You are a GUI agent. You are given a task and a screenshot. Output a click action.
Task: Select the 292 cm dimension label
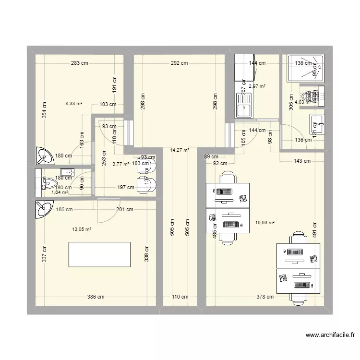point(178,63)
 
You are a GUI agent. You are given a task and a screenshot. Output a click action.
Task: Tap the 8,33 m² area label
point(74,103)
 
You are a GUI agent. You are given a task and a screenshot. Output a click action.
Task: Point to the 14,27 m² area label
point(180,150)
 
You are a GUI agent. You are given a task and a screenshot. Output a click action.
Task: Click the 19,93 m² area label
point(265,222)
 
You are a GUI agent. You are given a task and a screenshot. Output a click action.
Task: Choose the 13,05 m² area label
point(82,229)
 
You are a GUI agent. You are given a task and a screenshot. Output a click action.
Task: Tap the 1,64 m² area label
point(60,192)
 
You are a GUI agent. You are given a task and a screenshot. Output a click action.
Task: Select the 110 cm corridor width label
point(180,297)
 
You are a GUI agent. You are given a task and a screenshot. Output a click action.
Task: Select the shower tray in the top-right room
point(305,69)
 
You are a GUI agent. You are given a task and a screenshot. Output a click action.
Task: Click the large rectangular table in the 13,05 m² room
point(100,254)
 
